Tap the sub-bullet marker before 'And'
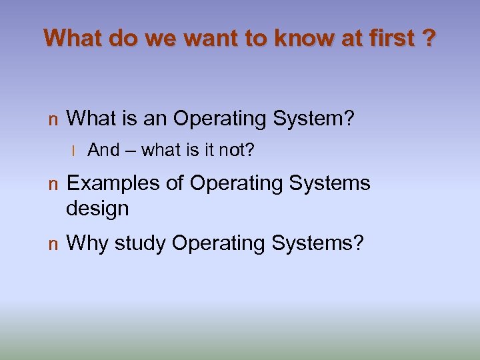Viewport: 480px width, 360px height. [75, 151]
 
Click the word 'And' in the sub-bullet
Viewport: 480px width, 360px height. [103, 150]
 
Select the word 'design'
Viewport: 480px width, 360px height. [97, 209]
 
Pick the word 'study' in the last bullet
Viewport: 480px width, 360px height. [140, 244]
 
